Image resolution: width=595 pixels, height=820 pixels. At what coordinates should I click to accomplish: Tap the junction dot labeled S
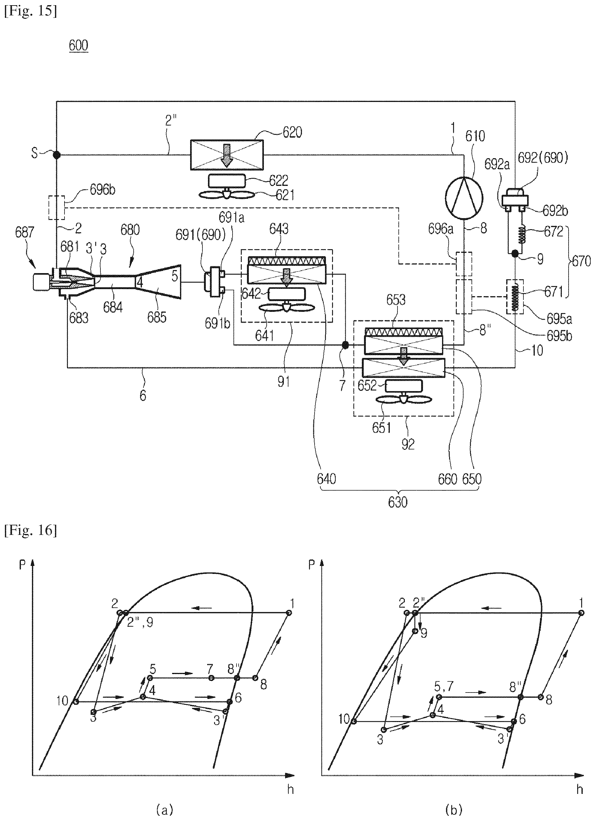[57, 155]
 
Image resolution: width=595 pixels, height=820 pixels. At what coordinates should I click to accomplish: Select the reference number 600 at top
[78, 46]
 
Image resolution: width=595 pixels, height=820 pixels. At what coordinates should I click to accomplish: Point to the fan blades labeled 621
[227, 194]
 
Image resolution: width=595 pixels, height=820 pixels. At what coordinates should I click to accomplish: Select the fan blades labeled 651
[404, 399]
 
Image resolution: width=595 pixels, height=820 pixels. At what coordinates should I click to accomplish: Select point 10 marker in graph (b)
[354, 721]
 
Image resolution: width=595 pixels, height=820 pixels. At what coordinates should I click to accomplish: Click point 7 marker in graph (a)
[211, 677]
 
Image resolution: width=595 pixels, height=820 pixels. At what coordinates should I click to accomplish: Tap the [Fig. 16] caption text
[30, 530]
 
